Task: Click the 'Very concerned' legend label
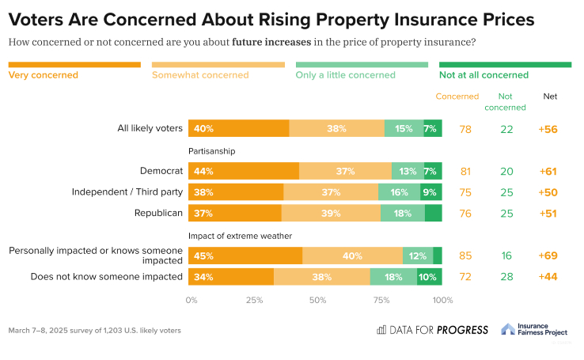(43, 75)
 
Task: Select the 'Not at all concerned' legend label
(484, 75)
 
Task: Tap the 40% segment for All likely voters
(238, 128)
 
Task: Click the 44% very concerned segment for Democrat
(243, 171)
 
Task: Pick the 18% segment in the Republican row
(403, 213)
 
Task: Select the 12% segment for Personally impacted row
(418, 256)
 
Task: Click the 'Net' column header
(550, 97)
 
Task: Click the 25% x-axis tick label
(254, 301)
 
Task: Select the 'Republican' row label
(158, 213)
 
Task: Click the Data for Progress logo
(432, 330)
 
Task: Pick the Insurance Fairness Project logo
(535, 330)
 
